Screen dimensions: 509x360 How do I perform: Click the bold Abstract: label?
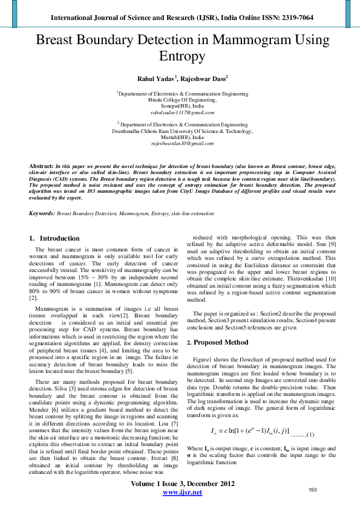pos(42,165)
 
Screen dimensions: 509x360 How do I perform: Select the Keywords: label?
pos(42,213)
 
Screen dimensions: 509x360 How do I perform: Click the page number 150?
pos(313,490)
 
